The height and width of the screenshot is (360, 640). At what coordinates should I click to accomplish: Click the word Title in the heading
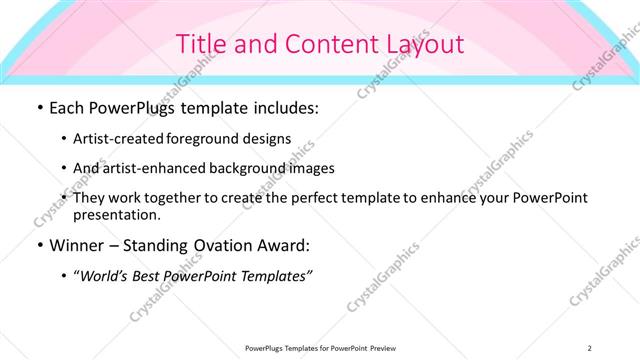point(198,44)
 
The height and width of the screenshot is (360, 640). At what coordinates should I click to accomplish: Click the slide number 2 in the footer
point(590,348)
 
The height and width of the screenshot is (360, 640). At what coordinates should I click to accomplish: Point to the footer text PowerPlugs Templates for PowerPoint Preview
point(319,348)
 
